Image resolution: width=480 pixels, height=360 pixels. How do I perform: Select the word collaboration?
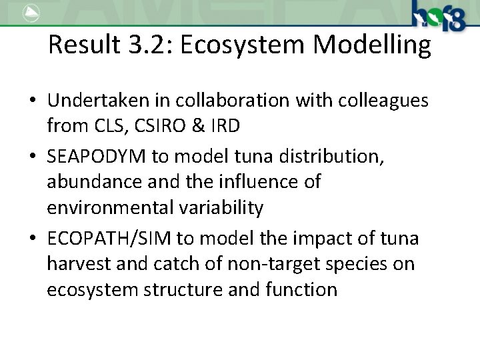pyautogui.click(x=235, y=100)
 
